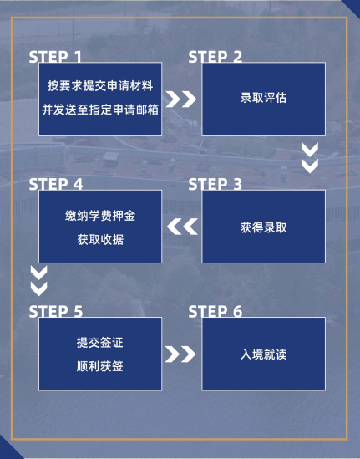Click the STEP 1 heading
56,57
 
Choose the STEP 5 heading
56,312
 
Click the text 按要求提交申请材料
100,87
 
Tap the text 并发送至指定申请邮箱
100,109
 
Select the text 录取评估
263,99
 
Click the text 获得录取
263,227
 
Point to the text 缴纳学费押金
100,216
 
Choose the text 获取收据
100,238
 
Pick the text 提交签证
100,343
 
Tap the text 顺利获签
100,365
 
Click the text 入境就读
263,354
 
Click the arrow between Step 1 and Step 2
180,99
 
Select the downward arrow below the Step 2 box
310,158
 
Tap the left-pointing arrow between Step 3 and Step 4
181,227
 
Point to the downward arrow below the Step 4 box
38,281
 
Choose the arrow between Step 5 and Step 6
180,354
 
